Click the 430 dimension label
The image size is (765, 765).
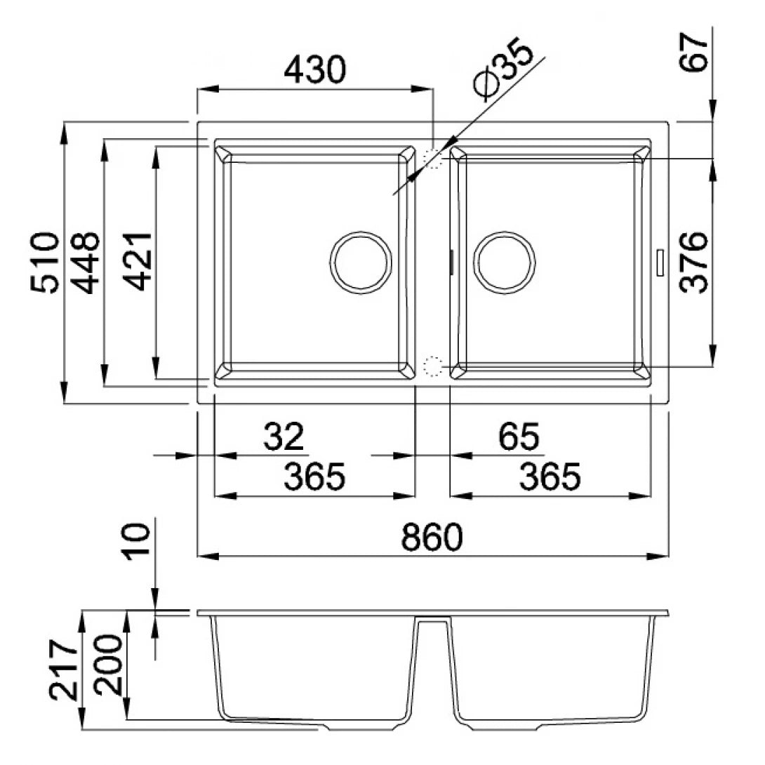point(315,70)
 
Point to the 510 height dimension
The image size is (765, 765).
point(44,262)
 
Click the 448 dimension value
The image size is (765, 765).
point(86,262)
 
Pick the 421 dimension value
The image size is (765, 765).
point(137,261)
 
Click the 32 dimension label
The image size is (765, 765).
point(284,437)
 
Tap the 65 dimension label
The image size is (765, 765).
point(519,437)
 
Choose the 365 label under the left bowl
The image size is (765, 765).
point(314,477)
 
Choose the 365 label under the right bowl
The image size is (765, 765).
point(550,477)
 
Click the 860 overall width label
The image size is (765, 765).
point(432,538)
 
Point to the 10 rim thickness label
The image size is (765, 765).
point(138,541)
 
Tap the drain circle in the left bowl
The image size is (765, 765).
point(360,261)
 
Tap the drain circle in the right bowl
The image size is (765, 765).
point(504,261)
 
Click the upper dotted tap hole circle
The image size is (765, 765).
point(434,159)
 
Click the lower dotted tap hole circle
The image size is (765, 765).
point(433,365)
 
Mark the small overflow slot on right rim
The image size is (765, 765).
point(660,262)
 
